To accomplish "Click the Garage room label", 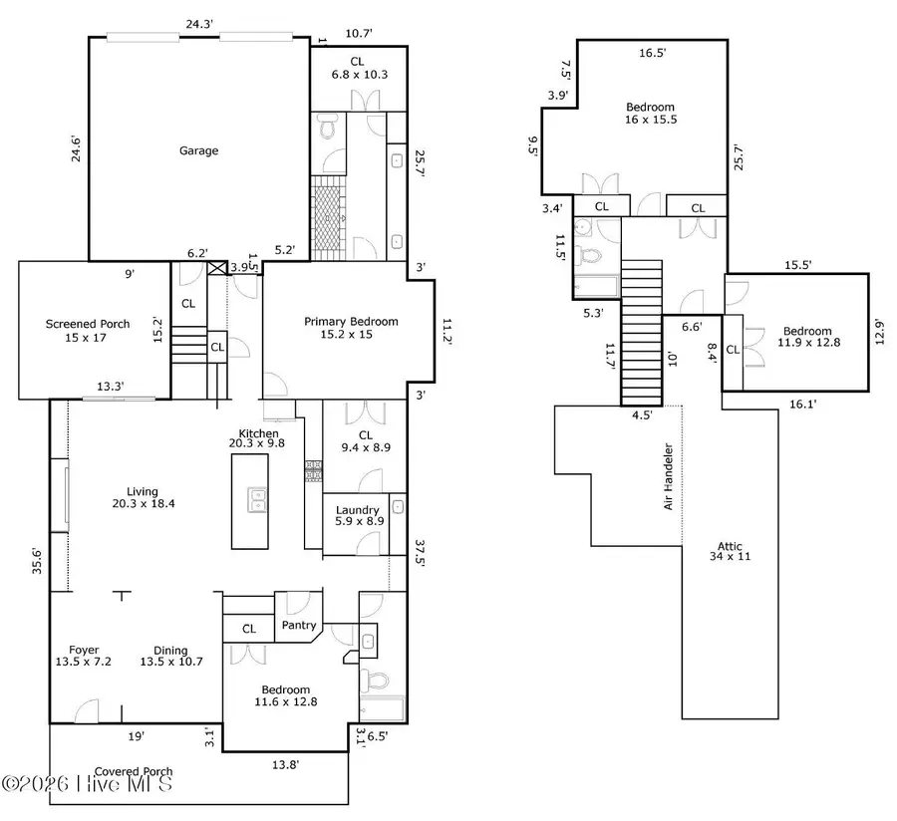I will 198,150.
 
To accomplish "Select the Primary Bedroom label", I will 351,328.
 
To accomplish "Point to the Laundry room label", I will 356,516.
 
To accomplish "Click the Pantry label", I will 299,626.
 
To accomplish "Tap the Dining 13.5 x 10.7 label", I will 171,657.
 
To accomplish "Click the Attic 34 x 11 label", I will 734,551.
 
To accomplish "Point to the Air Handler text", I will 669,477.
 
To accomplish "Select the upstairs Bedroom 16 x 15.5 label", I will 650,113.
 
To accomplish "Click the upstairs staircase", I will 642,331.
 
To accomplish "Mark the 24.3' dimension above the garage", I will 196,24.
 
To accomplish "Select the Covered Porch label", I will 134,771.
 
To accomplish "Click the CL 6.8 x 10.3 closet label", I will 358,68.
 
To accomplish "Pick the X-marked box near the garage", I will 219,268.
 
